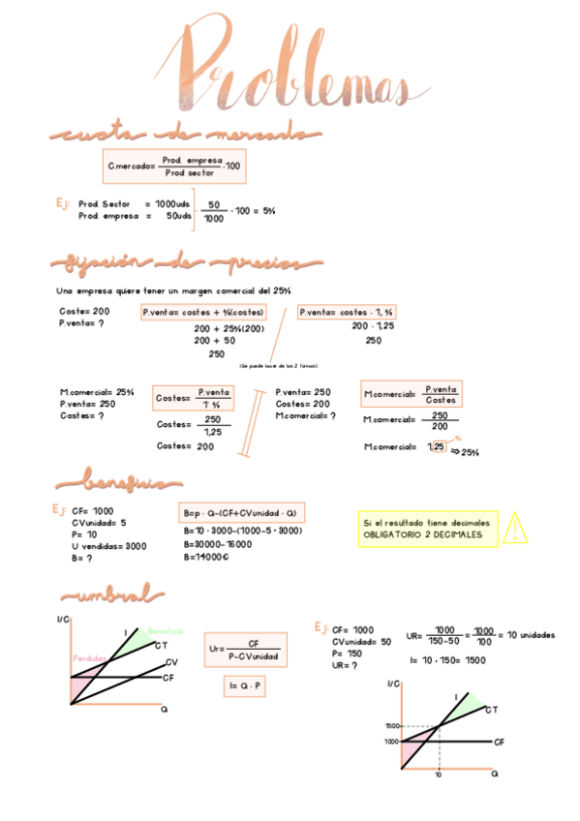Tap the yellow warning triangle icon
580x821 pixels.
coord(516,528)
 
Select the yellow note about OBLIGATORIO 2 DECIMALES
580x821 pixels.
coord(427,529)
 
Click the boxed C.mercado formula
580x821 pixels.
coord(174,166)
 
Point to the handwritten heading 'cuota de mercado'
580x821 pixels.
coord(184,134)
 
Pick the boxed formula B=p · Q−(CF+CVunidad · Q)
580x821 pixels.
coord(242,513)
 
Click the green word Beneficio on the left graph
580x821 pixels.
coord(166,631)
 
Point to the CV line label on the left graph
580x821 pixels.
coord(170,662)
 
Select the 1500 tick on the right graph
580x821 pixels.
coord(391,725)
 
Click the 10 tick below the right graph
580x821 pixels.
coord(439,776)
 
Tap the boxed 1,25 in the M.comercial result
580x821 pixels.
coord(439,447)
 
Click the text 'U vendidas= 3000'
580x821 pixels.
coord(108,546)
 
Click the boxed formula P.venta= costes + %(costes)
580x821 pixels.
coord(203,313)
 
